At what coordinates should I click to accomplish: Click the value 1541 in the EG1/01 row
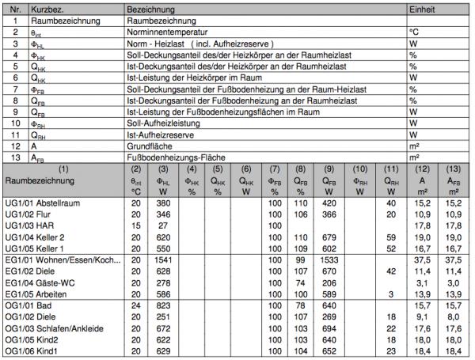coord(164,260)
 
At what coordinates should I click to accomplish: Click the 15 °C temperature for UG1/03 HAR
coord(135,225)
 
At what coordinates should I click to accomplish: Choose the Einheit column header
coord(420,6)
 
